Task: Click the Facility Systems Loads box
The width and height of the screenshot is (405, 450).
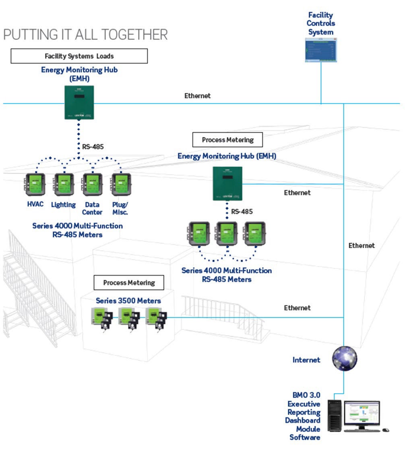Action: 79,56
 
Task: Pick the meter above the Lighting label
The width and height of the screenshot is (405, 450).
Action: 63,185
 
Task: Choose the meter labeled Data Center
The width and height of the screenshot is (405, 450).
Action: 92,185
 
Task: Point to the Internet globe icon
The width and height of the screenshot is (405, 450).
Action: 345,358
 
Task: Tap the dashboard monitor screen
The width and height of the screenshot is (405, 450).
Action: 362,413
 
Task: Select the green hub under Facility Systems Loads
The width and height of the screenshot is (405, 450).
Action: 79,102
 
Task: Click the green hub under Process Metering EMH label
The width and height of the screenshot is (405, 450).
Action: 227,183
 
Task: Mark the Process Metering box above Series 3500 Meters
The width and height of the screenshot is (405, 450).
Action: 129,282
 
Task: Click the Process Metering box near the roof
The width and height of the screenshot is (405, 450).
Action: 227,140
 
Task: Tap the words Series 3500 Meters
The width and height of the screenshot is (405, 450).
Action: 128,301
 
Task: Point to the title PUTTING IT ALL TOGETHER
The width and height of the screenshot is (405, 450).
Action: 85,35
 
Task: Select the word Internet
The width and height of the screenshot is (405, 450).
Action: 306,360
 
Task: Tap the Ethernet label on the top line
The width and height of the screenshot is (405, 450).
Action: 197,96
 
